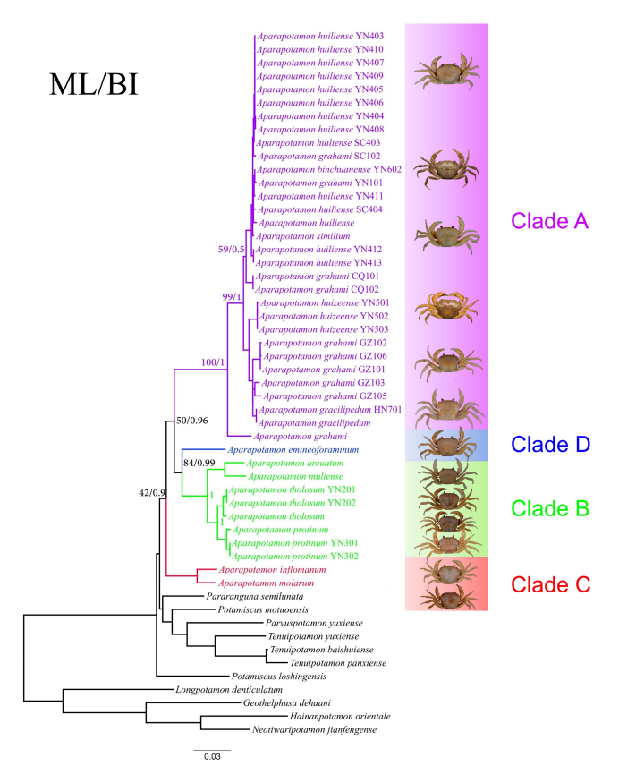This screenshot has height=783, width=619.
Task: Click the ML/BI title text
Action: pyautogui.click(x=93, y=84)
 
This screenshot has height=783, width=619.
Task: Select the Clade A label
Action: pyautogui.click(x=549, y=221)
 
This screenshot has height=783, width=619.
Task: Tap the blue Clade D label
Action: pyautogui.click(x=551, y=444)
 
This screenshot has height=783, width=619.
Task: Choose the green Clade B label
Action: pyautogui.click(x=550, y=508)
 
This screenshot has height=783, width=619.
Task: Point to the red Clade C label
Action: pyautogui.click(x=551, y=584)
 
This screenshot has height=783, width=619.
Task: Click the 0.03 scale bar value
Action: pyautogui.click(x=212, y=756)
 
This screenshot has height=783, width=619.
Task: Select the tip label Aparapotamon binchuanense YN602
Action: pyautogui.click(x=329, y=169)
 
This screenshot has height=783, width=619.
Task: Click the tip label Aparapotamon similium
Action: pyautogui.click(x=303, y=235)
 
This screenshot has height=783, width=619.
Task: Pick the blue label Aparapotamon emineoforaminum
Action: pyautogui.click(x=293, y=449)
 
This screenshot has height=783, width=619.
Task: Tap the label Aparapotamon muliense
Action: pyautogui.click(x=295, y=476)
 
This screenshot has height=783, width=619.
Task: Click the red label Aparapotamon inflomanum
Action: pyautogui.click(x=272, y=570)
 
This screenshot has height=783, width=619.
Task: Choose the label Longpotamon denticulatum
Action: pyautogui.click(x=229, y=690)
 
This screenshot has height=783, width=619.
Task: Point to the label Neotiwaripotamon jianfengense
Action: pyautogui.click(x=314, y=729)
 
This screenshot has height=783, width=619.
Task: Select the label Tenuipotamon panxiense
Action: pyautogui.click(x=338, y=663)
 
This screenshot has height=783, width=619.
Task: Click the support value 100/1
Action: pyautogui.click(x=213, y=362)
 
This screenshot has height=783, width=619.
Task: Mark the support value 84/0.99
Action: pyautogui.click(x=199, y=463)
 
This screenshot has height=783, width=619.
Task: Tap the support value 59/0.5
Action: pyautogui.click(x=231, y=249)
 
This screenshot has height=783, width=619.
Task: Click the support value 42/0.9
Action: pyautogui.click(x=152, y=493)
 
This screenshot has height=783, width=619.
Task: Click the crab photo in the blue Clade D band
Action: pyautogui.click(x=446, y=444)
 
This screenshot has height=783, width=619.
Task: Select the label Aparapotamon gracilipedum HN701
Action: pyautogui.click(x=330, y=410)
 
